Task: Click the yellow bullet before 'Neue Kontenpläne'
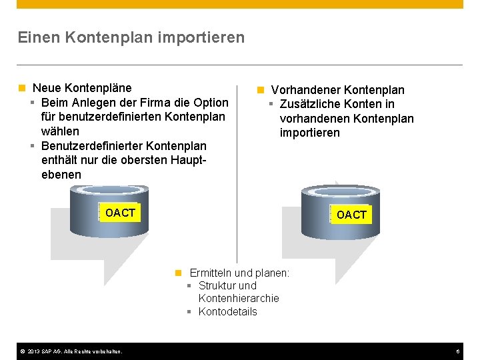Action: (22, 88)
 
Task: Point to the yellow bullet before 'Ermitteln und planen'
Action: (178, 273)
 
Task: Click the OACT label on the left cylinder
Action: (120, 213)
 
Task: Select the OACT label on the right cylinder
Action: (351, 215)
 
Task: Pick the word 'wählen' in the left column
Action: (60, 131)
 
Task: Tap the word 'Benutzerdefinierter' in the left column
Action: (91, 145)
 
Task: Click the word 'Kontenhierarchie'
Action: (239, 298)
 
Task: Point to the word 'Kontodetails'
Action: (227, 311)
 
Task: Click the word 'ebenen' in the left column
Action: (61, 175)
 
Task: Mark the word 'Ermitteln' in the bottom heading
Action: (211, 273)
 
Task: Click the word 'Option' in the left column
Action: (210, 103)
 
